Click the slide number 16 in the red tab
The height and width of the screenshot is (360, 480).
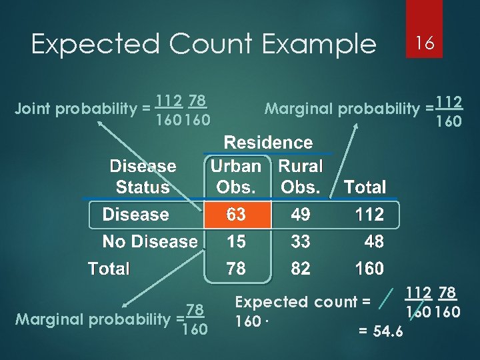(x=425, y=43)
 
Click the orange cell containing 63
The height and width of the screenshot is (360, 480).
(x=237, y=215)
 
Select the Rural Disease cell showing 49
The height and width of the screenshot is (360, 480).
(x=301, y=215)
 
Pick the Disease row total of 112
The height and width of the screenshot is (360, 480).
(x=370, y=215)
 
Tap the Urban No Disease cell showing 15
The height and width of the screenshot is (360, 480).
(x=236, y=241)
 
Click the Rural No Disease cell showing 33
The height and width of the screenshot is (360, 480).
(x=301, y=241)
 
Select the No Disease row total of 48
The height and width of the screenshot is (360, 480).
(x=373, y=241)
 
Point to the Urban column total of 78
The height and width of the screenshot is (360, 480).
(x=236, y=269)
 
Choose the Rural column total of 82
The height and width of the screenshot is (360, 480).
(x=301, y=269)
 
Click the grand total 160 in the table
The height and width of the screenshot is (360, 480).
(x=370, y=269)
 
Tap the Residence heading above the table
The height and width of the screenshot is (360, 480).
(x=268, y=143)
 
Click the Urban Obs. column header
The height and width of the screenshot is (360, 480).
(x=235, y=177)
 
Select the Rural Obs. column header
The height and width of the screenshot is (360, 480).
(x=300, y=177)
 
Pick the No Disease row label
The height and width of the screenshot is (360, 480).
(x=150, y=241)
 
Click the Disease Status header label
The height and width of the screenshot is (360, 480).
(x=143, y=177)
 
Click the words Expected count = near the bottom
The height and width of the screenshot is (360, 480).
(x=303, y=302)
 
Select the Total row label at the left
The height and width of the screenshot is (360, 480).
(x=109, y=269)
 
